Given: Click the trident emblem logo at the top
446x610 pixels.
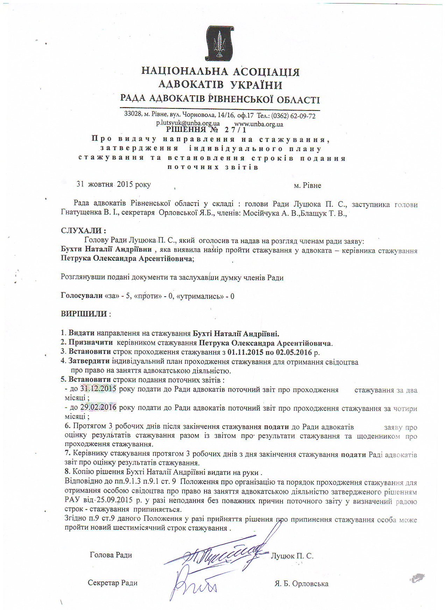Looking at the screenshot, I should click(x=219, y=43).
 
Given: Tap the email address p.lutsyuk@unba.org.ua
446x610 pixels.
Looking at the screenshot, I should click(x=188, y=123).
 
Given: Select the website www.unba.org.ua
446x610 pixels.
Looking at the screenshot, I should click(x=259, y=124).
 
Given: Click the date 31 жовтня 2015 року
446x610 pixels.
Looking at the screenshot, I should click(x=114, y=184).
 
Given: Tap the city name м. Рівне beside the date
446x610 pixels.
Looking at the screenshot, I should click(x=307, y=185).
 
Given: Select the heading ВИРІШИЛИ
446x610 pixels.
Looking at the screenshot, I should click(x=84, y=314).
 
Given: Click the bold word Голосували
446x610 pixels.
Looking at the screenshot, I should click(x=82, y=296).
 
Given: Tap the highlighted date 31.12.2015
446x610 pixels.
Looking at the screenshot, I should click(x=98, y=389).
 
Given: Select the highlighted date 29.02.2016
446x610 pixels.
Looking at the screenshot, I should click(x=98, y=407).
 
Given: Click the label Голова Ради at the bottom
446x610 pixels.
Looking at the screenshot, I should click(x=111, y=555).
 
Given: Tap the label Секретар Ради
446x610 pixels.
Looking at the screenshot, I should click(x=113, y=583).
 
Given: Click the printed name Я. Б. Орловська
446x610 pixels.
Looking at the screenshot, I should click(x=302, y=584).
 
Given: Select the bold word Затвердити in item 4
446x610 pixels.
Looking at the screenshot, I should click(x=89, y=361).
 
